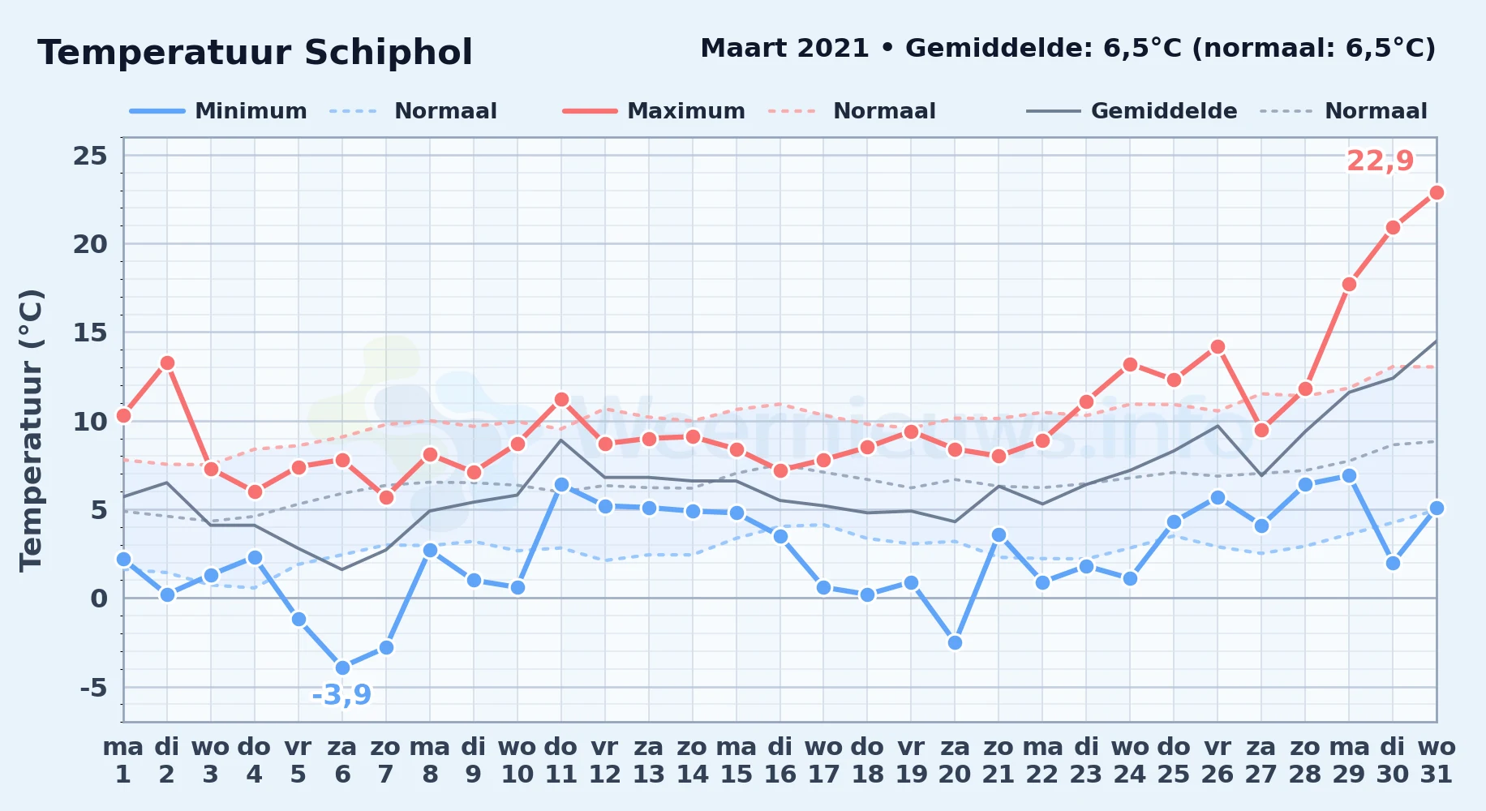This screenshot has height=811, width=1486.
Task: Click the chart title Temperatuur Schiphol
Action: [255, 53]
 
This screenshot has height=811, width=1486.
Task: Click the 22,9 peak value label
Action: [1380, 161]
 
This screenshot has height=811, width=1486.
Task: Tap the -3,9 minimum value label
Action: [341, 695]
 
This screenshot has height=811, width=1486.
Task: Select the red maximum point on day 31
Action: [1436, 192]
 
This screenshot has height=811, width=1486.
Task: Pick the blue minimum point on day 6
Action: [342, 667]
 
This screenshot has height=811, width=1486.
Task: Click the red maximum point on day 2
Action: [167, 363]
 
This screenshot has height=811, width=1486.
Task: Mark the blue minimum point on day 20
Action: [955, 642]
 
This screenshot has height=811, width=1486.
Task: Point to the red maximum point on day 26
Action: [1218, 346]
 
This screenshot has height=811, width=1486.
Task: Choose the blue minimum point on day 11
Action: [561, 485]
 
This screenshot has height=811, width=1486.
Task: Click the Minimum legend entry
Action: [218, 111]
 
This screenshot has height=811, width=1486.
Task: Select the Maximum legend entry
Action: [654, 111]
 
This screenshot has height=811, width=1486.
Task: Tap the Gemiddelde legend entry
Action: [1132, 111]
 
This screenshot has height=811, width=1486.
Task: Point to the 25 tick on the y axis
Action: [90, 155]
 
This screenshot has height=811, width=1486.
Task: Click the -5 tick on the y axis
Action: [93, 688]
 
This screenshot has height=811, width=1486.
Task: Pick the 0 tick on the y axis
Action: [99, 599]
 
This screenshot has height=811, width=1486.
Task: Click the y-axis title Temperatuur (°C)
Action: [32, 430]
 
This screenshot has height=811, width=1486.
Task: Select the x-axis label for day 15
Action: [737, 760]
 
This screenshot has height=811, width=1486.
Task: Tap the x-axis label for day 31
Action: [1437, 760]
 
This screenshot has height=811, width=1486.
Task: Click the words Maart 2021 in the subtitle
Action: [784, 48]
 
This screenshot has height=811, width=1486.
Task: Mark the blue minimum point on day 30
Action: [1393, 563]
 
